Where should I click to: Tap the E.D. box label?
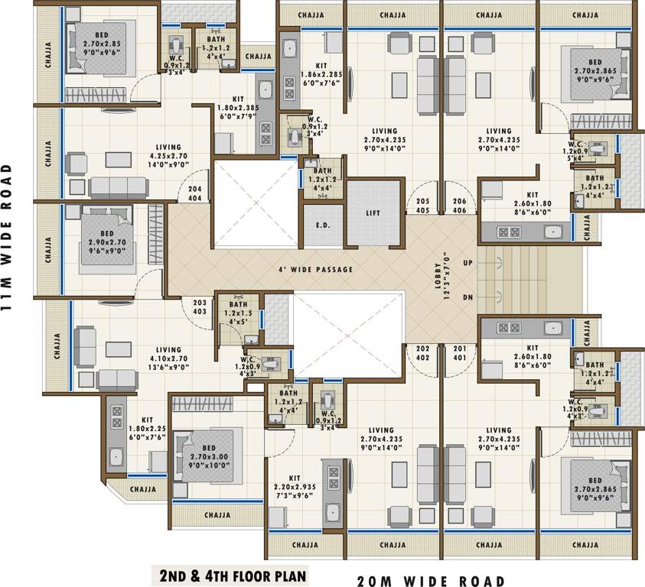point(323,225)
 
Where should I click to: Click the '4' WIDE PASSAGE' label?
point(315,270)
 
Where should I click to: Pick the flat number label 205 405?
point(422,205)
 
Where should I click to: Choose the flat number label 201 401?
point(459,353)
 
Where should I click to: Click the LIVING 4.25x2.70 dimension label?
point(168,157)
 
